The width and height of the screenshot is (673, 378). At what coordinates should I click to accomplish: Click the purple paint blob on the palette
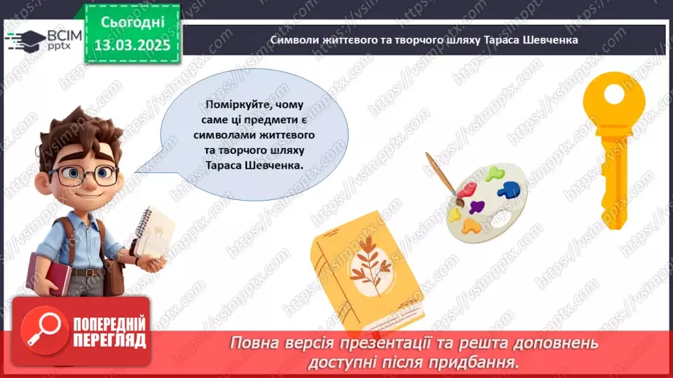(476, 208)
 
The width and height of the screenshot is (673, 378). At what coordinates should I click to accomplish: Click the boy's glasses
(83, 174)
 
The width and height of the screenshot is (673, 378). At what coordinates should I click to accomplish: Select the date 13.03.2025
(132, 45)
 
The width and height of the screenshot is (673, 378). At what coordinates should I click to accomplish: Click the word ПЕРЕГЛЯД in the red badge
(110, 340)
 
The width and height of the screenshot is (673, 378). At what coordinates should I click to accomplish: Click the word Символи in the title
(292, 40)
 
